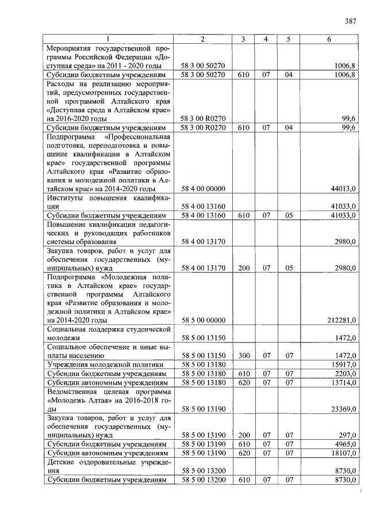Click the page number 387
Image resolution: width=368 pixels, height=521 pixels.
click(x=350, y=22)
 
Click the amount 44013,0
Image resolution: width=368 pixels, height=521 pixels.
click(x=345, y=188)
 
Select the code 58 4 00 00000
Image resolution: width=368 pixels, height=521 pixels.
click(x=203, y=188)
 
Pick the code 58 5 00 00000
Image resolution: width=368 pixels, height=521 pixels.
click(x=203, y=320)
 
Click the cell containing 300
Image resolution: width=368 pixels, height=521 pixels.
click(x=243, y=355)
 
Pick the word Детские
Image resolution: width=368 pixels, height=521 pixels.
click(x=61, y=462)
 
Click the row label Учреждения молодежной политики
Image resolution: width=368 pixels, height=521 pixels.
click(x=105, y=364)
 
